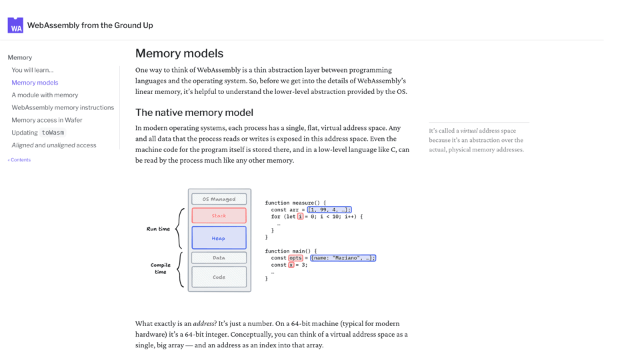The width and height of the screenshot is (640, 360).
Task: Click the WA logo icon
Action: pos(15,25)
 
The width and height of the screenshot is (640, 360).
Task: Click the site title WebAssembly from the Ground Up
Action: pos(90,25)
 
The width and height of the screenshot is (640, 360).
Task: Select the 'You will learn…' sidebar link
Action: pos(33,70)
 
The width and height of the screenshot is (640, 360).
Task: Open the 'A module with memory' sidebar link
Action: pos(45,95)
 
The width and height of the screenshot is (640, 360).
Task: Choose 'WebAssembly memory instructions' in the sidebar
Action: pos(63,107)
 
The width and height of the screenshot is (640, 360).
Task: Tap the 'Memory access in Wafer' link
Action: pos(47,120)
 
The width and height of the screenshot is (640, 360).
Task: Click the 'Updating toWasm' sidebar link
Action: pos(38,133)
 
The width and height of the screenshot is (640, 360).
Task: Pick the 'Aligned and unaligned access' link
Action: pos(53,145)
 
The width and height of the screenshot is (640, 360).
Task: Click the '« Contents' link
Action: pos(19,160)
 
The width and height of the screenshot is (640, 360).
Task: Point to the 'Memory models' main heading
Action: pos(179,53)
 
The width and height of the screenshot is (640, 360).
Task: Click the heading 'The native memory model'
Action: pos(194,113)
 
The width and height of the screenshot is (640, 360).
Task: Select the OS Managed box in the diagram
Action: pos(219,199)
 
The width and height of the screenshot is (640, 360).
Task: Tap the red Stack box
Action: pos(219,216)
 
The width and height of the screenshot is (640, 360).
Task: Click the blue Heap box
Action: pos(219,238)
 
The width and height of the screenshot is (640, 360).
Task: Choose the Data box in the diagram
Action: pos(219,257)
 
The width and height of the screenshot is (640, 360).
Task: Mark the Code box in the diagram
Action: pos(219,277)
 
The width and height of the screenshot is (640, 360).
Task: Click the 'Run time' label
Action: pos(158,229)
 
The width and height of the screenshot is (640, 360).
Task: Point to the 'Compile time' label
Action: pos(160,268)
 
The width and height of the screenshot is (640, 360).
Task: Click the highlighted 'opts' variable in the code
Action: pos(295,258)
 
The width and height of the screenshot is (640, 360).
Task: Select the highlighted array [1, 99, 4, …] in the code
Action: pos(329,210)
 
